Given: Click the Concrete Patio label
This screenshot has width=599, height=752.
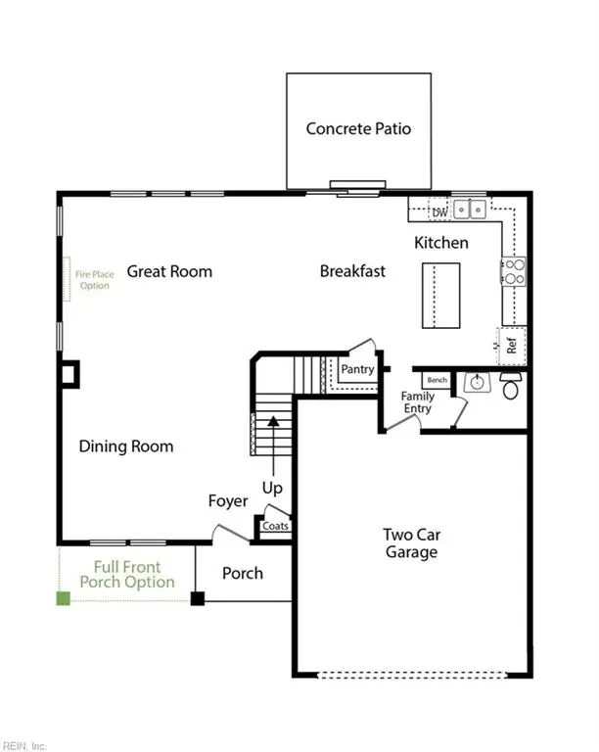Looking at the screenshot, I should [x=358, y=128].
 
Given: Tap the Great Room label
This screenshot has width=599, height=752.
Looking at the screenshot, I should [x=169, y=271].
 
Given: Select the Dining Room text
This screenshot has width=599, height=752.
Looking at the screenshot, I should [x=126, y=446].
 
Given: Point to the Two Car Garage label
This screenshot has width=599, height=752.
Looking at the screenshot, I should [x=410, y=543].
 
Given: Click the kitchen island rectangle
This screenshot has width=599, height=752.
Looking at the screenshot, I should [x=440, y=296].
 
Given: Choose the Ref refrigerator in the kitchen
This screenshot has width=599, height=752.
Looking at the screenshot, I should [x=511, y=345].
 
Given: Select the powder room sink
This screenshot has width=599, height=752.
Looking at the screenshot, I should [x=478, y=382].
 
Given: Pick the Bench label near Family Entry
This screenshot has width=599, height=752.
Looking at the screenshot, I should [x=438, y=379].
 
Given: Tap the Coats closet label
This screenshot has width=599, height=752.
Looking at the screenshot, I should [x=274, y=526].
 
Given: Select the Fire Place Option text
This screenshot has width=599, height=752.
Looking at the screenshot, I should [x=95, y=280].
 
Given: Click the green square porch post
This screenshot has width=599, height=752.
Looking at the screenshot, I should [x=64, y=598].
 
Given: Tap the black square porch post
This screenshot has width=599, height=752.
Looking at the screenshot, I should [x=197, y=598].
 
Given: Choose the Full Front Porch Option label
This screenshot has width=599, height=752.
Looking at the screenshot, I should [x=127, y=575].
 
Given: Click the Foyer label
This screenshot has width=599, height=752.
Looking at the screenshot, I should [x=228, y=501].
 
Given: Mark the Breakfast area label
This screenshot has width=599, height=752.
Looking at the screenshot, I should [x=352, y=271].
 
